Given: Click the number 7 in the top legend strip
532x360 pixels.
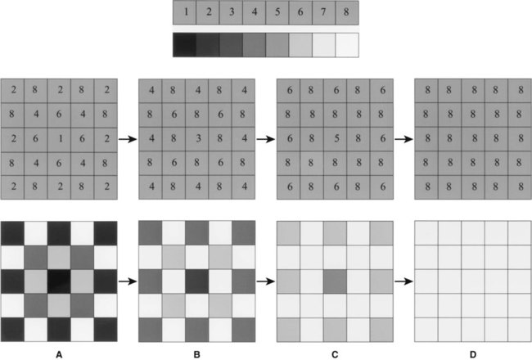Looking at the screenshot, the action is [x=323, y=12].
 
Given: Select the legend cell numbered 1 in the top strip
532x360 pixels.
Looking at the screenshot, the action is [x=185, y=12].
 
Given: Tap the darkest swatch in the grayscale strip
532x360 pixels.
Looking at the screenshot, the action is [x=185, y=45].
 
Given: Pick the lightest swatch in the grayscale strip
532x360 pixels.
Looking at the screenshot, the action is [x=347, y=45].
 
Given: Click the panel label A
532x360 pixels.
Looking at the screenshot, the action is [x=59, y=354].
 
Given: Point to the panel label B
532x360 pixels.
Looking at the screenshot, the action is [x=196, y=354].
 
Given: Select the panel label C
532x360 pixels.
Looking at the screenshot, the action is [x=335, y=354].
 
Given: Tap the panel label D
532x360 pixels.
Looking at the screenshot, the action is [x=473, y=354].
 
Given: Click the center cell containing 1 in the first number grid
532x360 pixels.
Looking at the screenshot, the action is [x=59, y=139].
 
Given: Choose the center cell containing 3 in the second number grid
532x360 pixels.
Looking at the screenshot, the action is [x=196, y=139].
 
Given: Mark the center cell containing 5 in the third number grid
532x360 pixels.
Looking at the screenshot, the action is [x=335, y=139].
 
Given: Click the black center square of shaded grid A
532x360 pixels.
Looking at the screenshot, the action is [x=59, y=281].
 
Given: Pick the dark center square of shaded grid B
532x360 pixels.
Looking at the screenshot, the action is [x=196, y=281].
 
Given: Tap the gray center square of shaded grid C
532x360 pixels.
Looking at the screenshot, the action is [x=335, y=281].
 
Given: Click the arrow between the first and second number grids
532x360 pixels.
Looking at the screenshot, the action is [x=128, y=139].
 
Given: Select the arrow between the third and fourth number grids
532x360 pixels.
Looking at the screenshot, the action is [x=404, y=139].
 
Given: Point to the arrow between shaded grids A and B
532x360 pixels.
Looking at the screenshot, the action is [x=128, y=281].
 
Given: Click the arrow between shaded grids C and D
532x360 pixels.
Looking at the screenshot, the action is [x=404, y=281].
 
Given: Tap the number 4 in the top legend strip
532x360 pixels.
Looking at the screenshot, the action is [x=254, y=12].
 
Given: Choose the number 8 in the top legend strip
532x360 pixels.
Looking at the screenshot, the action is [x=346, y=12].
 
